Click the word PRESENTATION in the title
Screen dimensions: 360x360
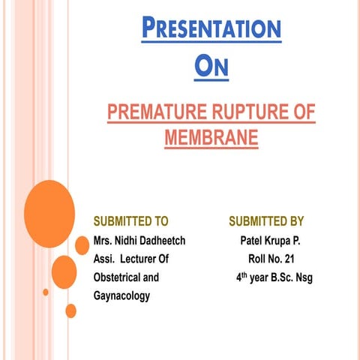click(211, 29)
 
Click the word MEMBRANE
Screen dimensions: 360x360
click(210, 138)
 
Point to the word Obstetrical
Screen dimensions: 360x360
click(117, 277)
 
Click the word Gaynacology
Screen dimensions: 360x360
click(121, 296)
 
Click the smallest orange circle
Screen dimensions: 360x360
click(46, 292)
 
